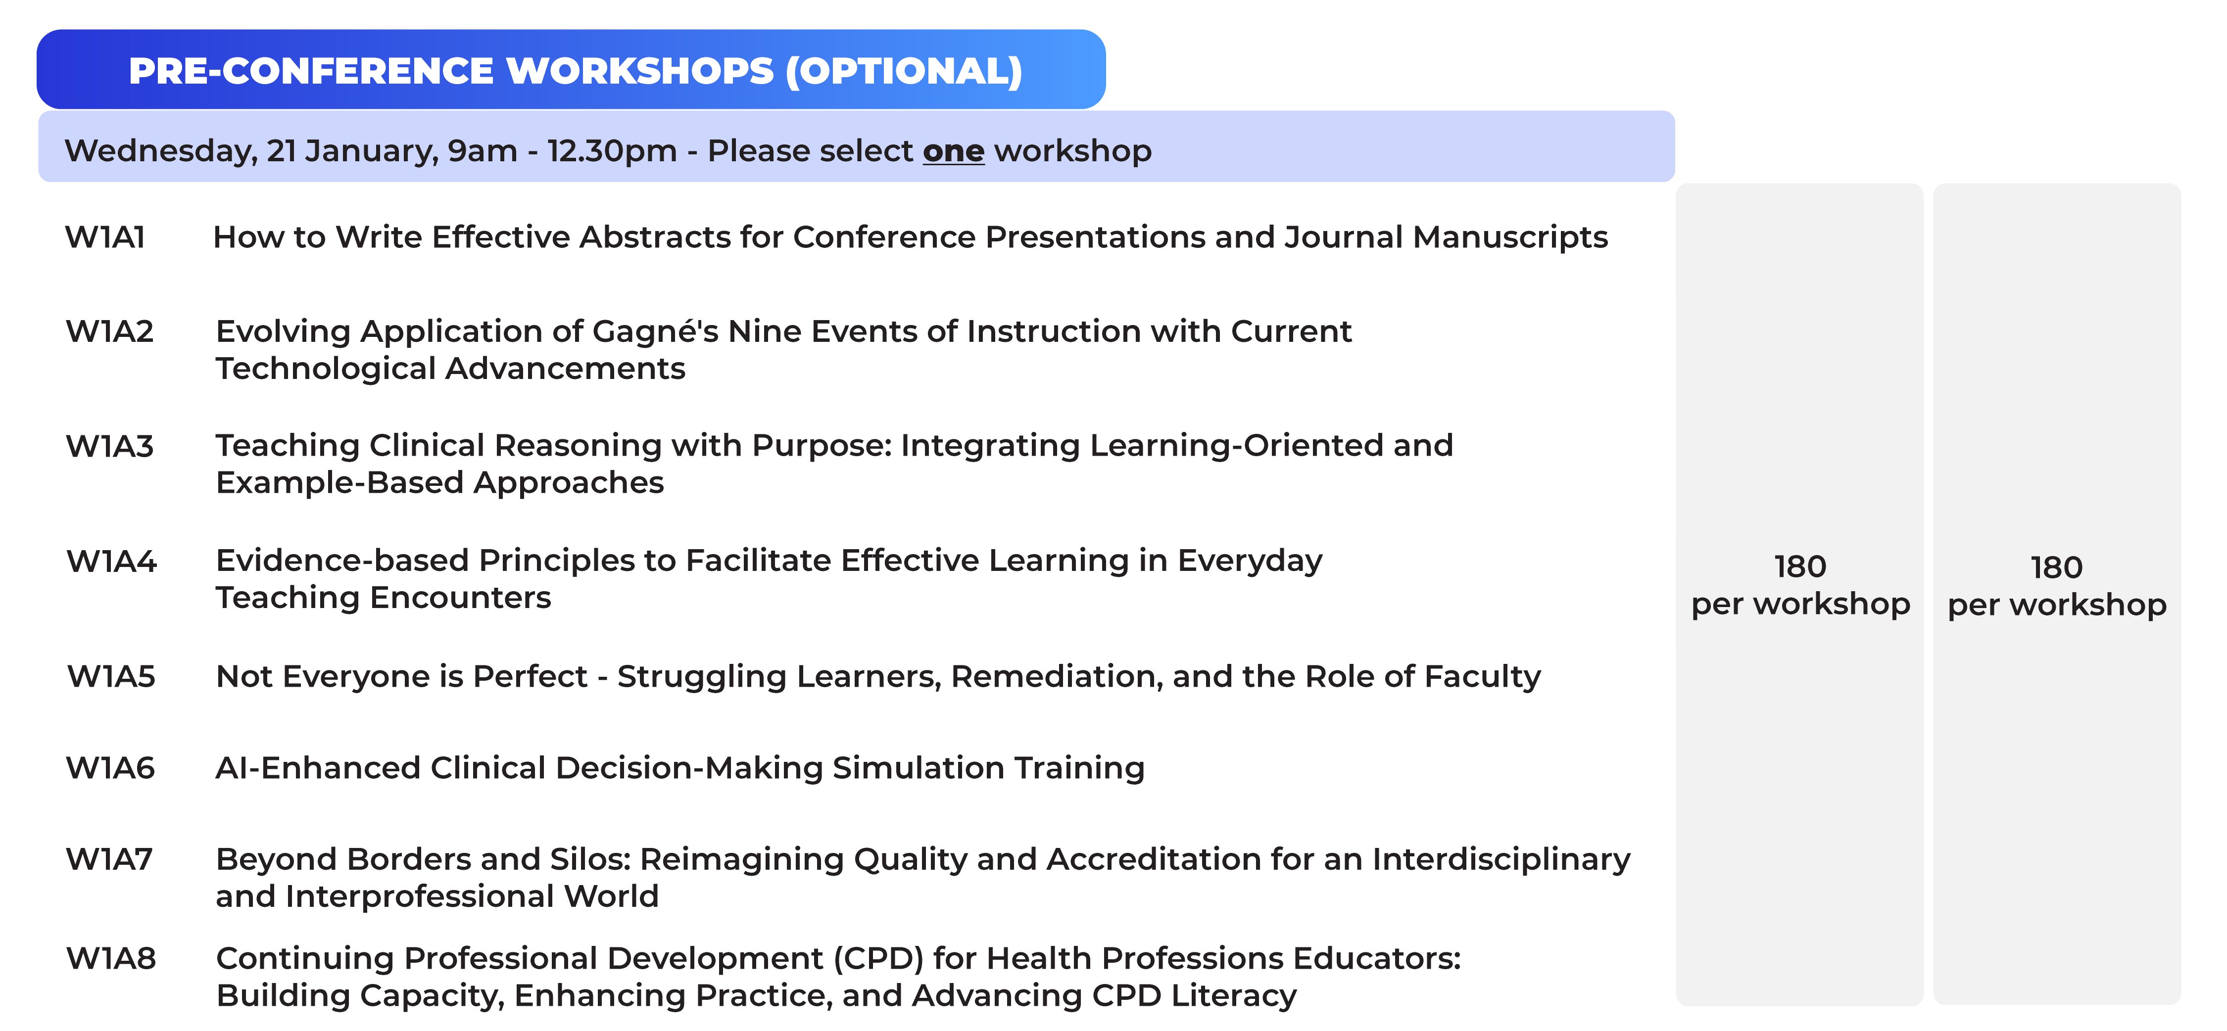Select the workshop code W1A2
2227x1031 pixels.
point(110,331)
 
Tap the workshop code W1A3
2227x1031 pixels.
point(110,446)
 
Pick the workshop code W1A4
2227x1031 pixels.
point(111,561)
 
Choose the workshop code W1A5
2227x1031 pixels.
point(111,676)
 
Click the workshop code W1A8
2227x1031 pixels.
point(111,958)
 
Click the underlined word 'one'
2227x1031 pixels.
point(954,151)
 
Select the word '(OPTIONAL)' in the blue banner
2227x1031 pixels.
point(904,71)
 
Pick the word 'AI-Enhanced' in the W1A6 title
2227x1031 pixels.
point(318,767)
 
